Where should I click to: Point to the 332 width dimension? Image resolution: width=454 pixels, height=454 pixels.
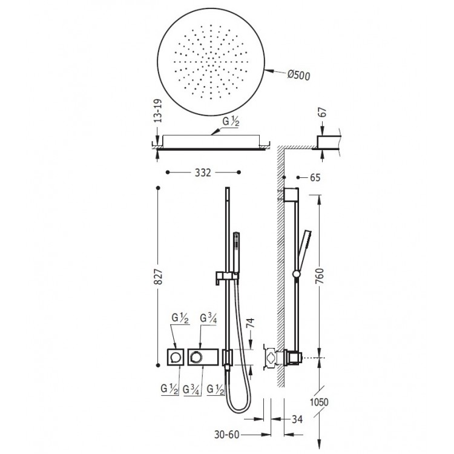203,173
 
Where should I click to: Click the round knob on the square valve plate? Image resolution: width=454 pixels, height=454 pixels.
176,358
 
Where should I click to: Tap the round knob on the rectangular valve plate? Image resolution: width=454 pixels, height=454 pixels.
196,358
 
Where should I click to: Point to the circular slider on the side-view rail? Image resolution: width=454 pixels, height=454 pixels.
295,275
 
